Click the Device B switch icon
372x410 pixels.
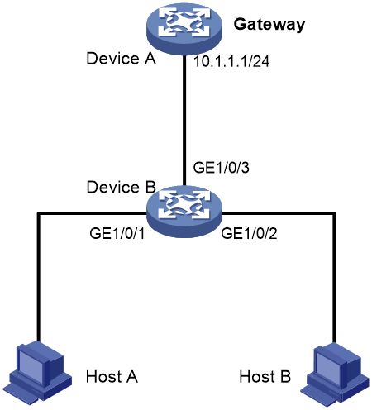point(184,212)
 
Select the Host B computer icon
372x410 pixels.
point(335,374)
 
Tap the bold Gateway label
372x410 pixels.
point(269,24)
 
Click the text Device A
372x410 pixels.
point(121,59)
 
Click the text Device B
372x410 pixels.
point(121,187)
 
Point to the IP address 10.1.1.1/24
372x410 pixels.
point(231,61)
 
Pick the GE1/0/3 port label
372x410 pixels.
point(221,167)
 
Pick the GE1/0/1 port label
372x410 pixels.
point(117,233)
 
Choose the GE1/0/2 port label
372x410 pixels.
point(249,233)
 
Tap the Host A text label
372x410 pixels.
point(112,376)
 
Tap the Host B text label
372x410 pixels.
point(265,376)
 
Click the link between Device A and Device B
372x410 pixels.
point(184,121)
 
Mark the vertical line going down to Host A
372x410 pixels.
point(39,277)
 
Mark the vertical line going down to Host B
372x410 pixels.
point(334,278)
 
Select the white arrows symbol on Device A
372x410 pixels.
point(184,22)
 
